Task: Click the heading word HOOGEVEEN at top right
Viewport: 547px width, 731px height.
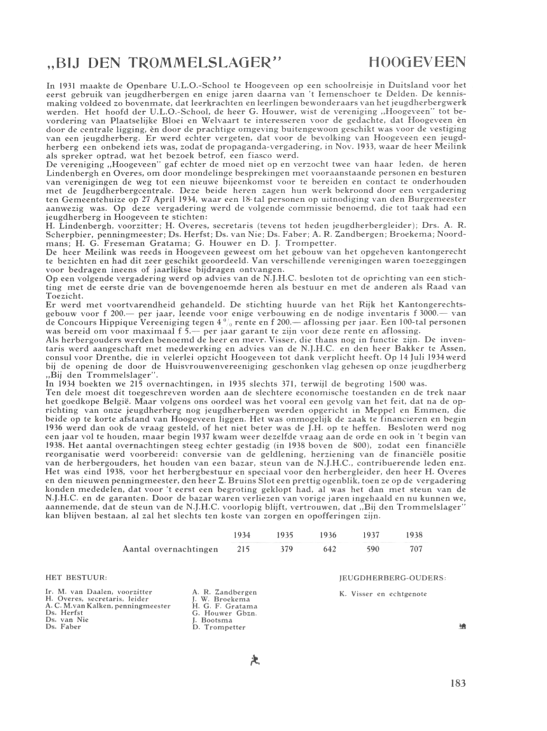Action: coord(417,62)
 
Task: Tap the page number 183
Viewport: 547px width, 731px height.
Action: coord(457,683)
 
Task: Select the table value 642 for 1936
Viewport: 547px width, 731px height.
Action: coord(329,549)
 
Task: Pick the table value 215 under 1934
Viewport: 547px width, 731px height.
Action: coord(242,549)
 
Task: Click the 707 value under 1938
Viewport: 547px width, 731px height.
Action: coord(416,549)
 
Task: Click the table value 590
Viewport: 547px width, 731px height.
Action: coord(372,549)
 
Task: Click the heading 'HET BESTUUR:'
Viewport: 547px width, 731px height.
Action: coord(76,578)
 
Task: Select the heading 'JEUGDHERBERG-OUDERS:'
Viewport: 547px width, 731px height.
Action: coord(393,578)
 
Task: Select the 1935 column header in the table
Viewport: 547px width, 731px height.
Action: coord(286,535)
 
